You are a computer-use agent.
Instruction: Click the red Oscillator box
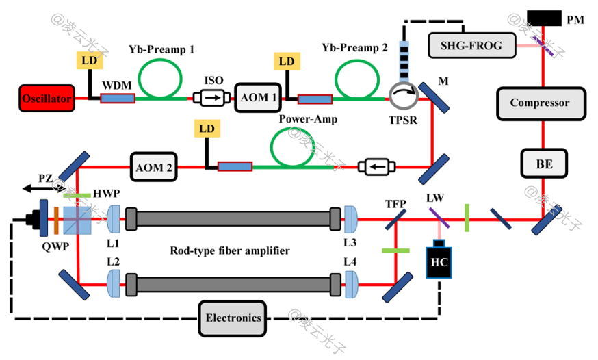46,99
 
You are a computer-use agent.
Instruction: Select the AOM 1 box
258,99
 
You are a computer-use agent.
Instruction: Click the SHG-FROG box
465,46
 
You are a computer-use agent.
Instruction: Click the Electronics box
233,318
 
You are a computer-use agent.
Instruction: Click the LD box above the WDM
90,61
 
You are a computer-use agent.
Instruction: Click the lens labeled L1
114,219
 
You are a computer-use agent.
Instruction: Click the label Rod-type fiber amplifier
229,251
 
